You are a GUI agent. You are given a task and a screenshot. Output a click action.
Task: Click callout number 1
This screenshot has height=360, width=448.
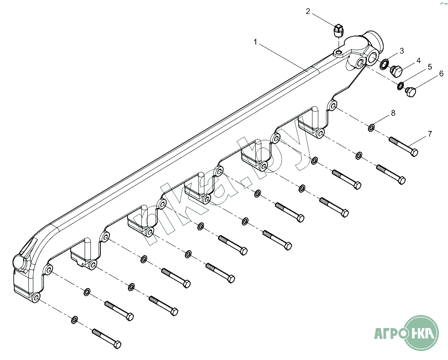point(255,42)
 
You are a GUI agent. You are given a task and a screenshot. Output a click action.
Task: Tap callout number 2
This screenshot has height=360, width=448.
point(308,12)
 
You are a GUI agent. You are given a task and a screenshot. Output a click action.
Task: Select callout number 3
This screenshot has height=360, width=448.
point(402,51)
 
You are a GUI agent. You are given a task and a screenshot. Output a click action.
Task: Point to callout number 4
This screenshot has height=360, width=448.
point(418,60)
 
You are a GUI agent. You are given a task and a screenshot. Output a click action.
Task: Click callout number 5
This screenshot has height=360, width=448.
point(430,67)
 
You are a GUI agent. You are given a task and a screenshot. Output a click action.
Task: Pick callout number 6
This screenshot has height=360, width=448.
point(441,74)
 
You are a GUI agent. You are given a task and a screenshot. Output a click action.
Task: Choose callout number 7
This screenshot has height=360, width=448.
point(430,134)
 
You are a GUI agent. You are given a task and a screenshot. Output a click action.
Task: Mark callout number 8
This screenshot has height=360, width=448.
point(393,113)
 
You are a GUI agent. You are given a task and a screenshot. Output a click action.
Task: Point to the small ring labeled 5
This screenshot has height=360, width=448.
point(401,85)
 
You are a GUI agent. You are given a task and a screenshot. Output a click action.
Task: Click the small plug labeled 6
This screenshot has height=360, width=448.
point(411,92)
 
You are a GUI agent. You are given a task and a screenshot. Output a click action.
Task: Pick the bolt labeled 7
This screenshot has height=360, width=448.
point(403,146)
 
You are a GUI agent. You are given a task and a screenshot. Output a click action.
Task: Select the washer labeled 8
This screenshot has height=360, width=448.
point(371,128)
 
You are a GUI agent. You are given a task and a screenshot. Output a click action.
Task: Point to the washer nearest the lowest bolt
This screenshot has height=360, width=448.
point(74,320)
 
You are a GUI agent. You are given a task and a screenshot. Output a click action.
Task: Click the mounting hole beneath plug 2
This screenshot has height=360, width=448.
point(338,53)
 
